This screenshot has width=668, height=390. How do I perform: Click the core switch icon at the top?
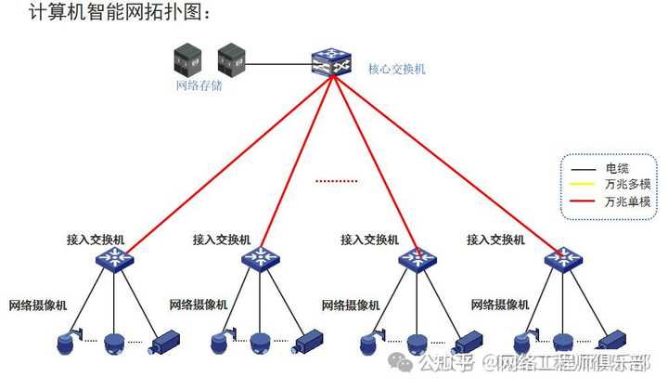(x=333, y=62)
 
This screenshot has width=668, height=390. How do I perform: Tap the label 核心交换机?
(x=396, y=69)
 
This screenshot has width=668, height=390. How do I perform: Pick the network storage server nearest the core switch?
(x=230, y=60)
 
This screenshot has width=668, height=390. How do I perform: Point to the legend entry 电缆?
(x=617, y=168)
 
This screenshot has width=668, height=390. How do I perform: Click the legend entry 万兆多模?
(x=627, y=184)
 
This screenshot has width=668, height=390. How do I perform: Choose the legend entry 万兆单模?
(x=627, y=201)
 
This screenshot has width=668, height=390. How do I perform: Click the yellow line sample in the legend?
(x=583, y=184)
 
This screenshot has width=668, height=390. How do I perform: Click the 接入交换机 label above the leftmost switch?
(x=95, y=240)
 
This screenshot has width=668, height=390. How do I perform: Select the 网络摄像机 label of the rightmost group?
(x=500, y=305)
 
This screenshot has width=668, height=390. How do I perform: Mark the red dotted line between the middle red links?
(x=336, y=180)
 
